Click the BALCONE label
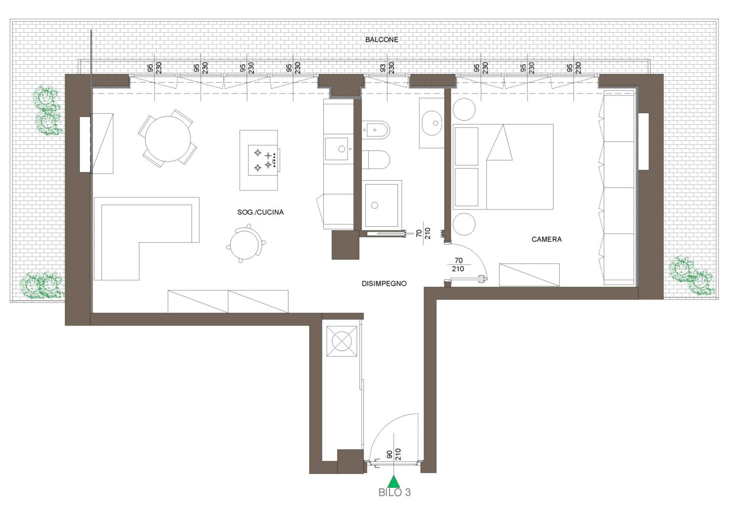pyautogui.click(x=381, y=40)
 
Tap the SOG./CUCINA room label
pyautogui.click(x=260, y=212)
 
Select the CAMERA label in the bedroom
pyautogui.click(x=547, y=239)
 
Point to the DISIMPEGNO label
pyautogui.click(x=384, y=283)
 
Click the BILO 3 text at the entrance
pyautogui.click(x=395, y=492)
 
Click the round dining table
pyautogui.click(x=168, y=139)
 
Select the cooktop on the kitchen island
pyautogui.click(x=263, y=161)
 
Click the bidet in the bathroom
pyautogui.click(x=375, y=130)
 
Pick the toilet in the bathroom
pyautogui.click(x=375, y=160)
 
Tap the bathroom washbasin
pyautogui.click(x=431, y=123)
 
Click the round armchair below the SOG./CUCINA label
pyautogui.click(x=246, y=243)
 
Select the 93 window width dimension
pyautogui.click(x=383, y=68)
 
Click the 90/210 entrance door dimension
pyautogui.click(x=393, y=454)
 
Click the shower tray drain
pyautogui.click(x=374, y=205)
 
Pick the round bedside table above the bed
pyautogui.click(x=464, y=110)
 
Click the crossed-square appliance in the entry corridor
pyautogui.click(x=342, y=342)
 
